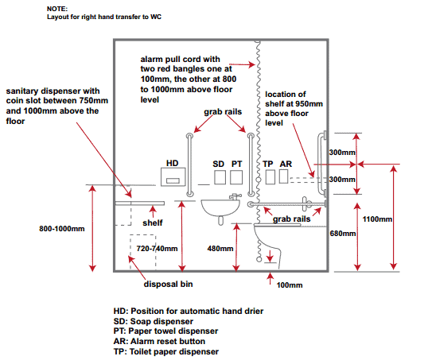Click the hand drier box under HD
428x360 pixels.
click(173, 176)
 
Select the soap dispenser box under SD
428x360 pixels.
click(220, 177)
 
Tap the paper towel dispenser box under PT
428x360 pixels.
click(236, 177)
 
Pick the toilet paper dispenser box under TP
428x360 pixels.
click(270, 177)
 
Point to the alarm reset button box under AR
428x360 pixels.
click(283, 176)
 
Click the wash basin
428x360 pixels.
click(220, 208)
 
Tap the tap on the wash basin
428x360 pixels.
click(235, 196)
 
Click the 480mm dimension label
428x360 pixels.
click(220, 249)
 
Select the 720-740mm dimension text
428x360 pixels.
click(157, 249)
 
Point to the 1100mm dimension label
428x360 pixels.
click(377, 219)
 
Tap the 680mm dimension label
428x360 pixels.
click(343, 234)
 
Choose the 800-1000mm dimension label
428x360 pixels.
click(62, 229)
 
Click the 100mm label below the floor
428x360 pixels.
click(290, 285)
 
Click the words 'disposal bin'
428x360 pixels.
click(168, 285)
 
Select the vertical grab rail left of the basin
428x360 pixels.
click(189, 165)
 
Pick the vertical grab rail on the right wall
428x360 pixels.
click(321, 164)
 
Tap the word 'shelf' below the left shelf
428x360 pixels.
click(152, 223)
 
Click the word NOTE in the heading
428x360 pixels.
click(57, 9)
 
